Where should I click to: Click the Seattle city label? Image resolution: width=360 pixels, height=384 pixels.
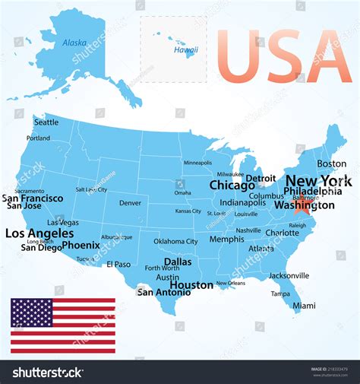46,122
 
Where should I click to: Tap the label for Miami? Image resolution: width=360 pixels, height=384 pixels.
304,306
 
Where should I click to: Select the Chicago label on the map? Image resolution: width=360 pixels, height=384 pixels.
232,186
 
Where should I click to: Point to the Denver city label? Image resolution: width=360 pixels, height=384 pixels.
130,203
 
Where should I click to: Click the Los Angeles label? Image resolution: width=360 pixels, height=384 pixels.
39,233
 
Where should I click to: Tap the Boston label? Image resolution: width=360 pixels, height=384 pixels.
331,163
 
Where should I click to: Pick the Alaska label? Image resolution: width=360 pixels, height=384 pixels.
74,43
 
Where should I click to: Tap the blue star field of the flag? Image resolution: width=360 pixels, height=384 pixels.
31,313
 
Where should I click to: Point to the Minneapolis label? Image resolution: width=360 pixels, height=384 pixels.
197,163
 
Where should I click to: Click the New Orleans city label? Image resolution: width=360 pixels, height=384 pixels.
231,283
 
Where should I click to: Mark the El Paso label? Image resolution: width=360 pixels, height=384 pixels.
118,264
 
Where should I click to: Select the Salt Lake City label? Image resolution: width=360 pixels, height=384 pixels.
91,189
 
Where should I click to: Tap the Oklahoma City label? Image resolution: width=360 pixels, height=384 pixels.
175,241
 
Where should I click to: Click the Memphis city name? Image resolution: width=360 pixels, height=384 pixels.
226,239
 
